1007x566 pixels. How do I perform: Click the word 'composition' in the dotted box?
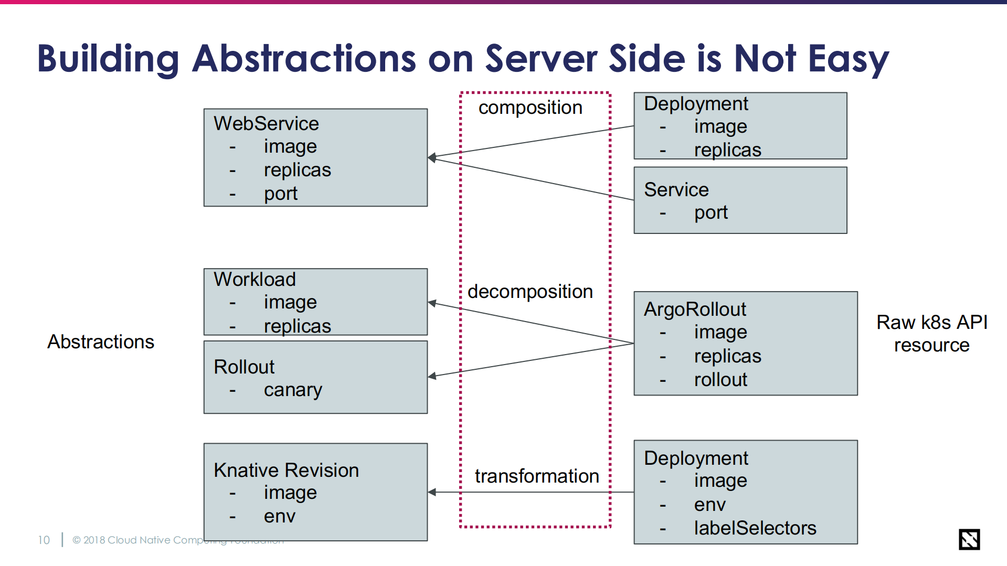pyautogui.click(x=530, y=108)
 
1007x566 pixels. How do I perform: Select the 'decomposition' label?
pyautogui.click(x=530, y=292)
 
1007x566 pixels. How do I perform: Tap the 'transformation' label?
pyautogui.click(x=536, y=476)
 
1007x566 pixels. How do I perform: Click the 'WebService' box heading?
pyautogui.click(x=266, y=124)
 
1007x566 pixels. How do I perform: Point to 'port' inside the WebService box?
pyautogui.click(x=280, y=194)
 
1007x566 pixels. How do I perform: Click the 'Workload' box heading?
pyautogui.click(x=255, y=280)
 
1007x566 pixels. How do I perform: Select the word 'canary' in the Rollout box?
pyautogui.click(x=293, y=390)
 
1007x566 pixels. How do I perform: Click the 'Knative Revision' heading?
pyautogui.click(x=286, y=471)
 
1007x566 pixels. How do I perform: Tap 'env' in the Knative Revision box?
pyautogui.click(x=279, y=517)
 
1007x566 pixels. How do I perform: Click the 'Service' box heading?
pyautogui.click(x=676, y=190)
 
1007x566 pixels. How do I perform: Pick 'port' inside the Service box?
pyautogui.click(x=711, y=213)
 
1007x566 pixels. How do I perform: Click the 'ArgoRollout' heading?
pyautogui.click(x=694, y=309)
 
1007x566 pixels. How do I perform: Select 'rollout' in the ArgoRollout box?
pyautogui.click(x=720, y=380)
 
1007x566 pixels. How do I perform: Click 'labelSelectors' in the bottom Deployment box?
pyautogui.click(x=755, y=528)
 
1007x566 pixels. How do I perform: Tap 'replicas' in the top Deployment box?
pyautogui.click(x=727, y=151)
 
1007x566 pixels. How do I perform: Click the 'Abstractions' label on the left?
pyautogui.click(x=101, y=342)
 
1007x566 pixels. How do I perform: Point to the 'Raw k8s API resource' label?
pyautogui.click(x=931, y=334)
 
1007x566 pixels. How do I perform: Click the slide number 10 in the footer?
pyautogui.click(x=44, y=540)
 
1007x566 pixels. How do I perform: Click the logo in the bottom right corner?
pyautogui.click(x=969, y=539)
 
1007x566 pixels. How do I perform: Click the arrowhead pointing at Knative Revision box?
pyautogui.click(x=432, y=492)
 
